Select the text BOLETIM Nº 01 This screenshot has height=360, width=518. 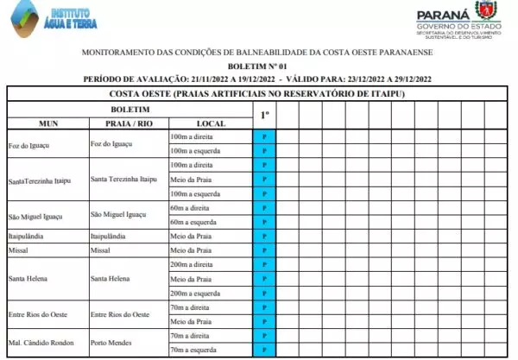(258, 66)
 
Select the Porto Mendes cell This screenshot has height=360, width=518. (110, 342)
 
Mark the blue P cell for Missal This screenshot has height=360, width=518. (265, 249)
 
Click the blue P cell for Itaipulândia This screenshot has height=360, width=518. (265, 235)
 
